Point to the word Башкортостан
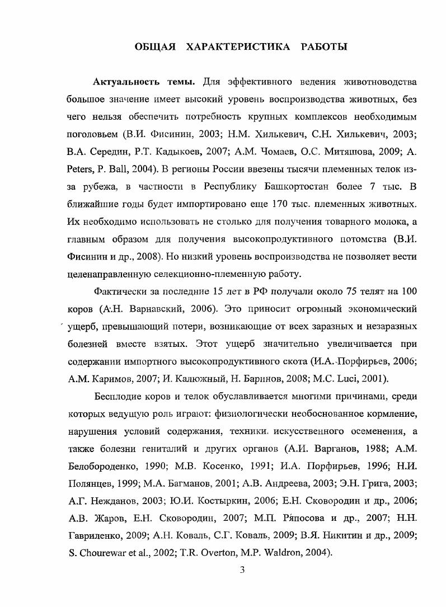point(292,186)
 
